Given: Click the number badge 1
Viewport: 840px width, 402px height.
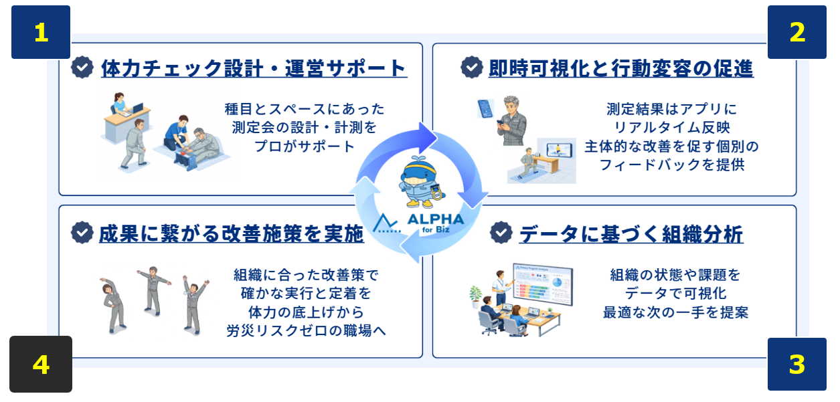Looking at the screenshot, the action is coord(41,32).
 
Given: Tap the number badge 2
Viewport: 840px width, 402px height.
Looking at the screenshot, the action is coord(797,32).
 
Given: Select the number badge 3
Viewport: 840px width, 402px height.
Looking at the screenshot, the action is coord(797,364).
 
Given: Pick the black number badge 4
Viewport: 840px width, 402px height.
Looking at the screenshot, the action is coord(41,364).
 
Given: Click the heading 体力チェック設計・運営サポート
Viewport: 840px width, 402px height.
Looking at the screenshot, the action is coord(254,68).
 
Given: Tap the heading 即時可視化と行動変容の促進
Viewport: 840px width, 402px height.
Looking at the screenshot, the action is coord(621,68).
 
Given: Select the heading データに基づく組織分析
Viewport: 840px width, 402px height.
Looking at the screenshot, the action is coord(631,234).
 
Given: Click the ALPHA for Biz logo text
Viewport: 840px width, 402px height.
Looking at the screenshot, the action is coord(435,223).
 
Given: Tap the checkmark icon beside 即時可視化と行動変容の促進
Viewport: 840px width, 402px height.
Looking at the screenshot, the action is coord(472,68).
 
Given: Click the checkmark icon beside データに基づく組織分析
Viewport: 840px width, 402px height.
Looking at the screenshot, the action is coord(501,233).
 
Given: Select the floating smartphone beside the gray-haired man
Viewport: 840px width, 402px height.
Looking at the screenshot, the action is coord(485,109).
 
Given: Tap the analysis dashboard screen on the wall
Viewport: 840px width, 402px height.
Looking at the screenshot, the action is coord(543,284).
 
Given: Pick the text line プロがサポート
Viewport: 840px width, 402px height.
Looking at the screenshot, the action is coord(304,146).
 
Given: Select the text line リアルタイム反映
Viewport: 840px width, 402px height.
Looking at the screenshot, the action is coord(671,128).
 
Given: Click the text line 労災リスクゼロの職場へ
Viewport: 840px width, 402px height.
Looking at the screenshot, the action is coord(306,330).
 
